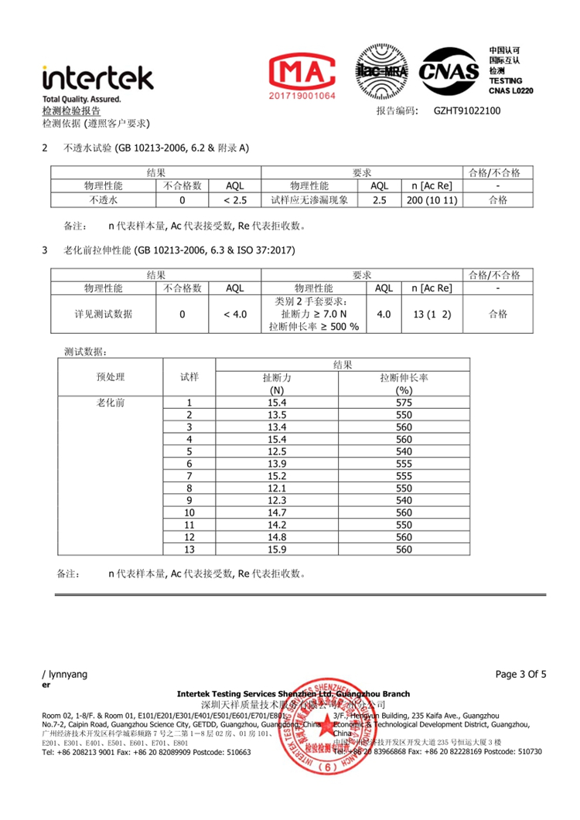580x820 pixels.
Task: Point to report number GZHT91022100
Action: [467, 111]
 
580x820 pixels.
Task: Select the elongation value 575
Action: [404, 403]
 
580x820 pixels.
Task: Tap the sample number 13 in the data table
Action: [189, 550]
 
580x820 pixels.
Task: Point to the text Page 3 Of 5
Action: [520, 674]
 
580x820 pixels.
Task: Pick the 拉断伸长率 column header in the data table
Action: [404, 378]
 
